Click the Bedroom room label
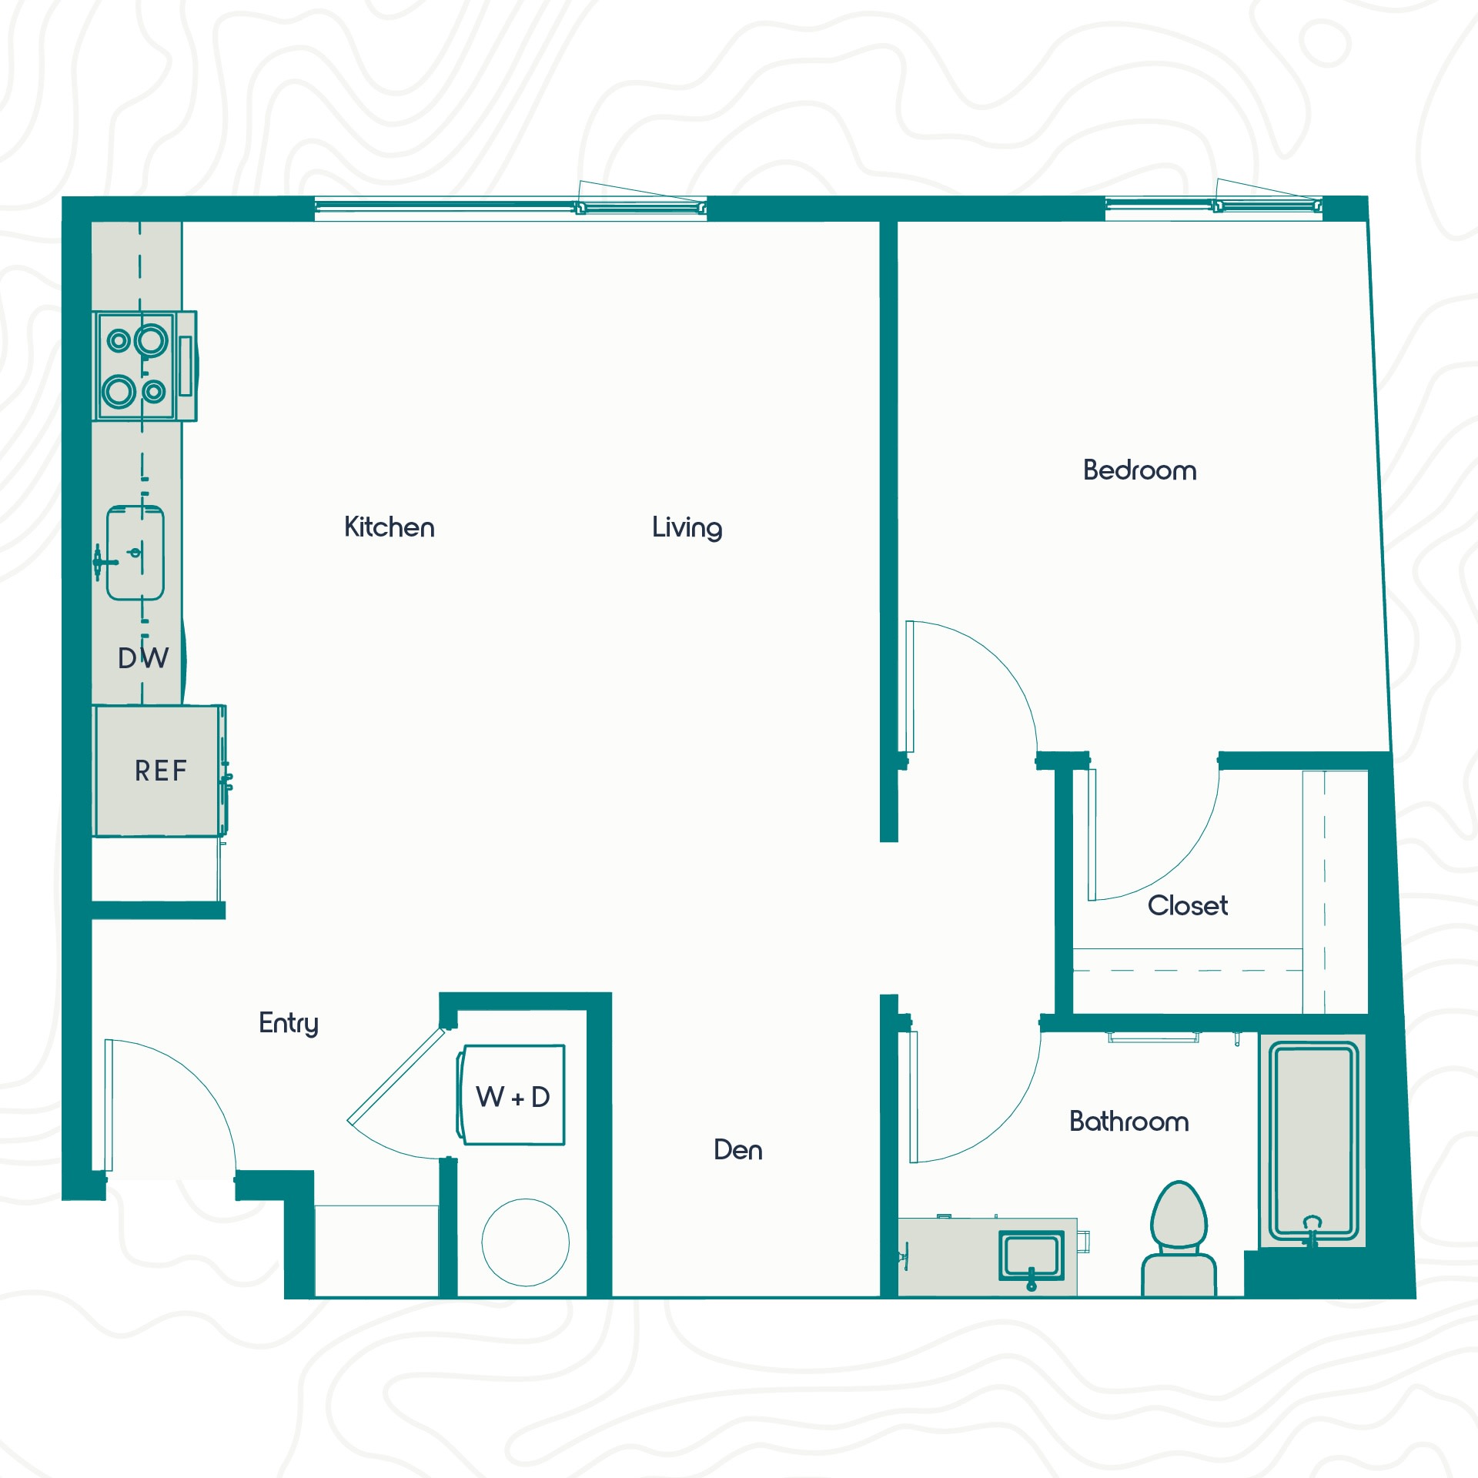click(x=1139, y=470)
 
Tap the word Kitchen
click(x=390, y=527)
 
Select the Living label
click(x=687, y=528)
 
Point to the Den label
click(x=738, y=1150)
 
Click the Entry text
click(x=289, y=1024)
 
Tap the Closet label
click(x=1188, y=905)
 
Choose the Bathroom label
click(x=1129, y=1122)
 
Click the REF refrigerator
click(x=160, y=771)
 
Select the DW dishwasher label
click(x=143, y=658)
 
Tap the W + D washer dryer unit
click(x=512, y=1095)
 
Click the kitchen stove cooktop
click(x=145, y=366)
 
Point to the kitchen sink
click(x=135, y=553)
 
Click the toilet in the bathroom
click(x=1179, y=1239)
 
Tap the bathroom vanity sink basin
click(x=1032, y=1256)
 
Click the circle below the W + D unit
click(x=526, y=1242)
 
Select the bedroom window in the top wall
click(x=1214, y=206)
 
